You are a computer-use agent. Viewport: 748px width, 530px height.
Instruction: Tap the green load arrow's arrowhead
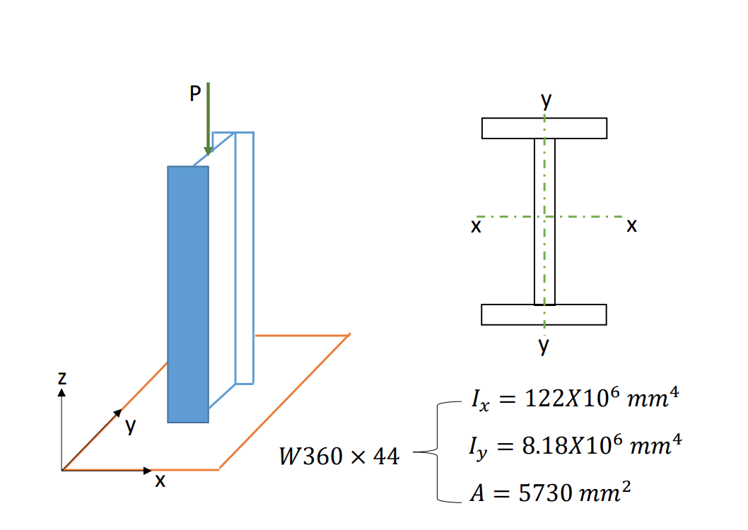(x=208, y=150)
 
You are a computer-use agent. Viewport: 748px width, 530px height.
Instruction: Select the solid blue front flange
(x=188, y=293)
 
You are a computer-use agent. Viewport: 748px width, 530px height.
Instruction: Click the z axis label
(x=62, y=378)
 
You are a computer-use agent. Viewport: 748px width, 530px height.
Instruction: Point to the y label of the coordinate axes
(x=130, y=425)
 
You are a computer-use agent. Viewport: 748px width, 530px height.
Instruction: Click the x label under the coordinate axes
(x=160, y=481)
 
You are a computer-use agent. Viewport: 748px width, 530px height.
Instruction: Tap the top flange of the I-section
(x=544, y=128)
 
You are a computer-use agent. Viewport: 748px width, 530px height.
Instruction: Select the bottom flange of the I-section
(x=544, y=314)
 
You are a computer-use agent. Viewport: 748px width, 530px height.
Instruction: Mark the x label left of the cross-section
(x=477, y=226)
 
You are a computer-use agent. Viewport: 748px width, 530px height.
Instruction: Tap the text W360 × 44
(x=339, y=457)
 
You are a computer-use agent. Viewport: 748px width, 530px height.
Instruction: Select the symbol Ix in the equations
(x=479, y=401)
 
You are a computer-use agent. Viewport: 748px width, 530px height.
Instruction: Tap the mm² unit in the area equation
(x=601, y=493)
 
